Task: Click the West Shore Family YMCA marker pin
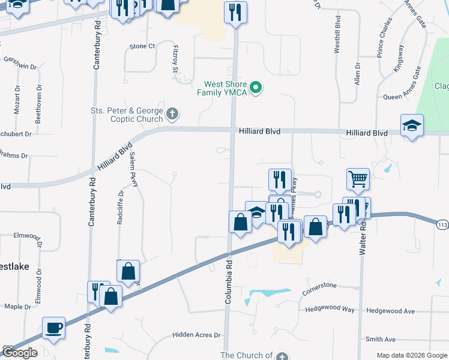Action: click(x=256, y=88)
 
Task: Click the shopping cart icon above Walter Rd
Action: click(x=358, y=178)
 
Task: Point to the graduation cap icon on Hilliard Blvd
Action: click(x=412, y=126)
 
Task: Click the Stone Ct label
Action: click(x=142, y=46)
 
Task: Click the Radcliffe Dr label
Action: click(x=120, y=208)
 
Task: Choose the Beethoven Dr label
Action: click(x=38, y=104)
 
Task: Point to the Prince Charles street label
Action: click(x=385, y=37)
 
